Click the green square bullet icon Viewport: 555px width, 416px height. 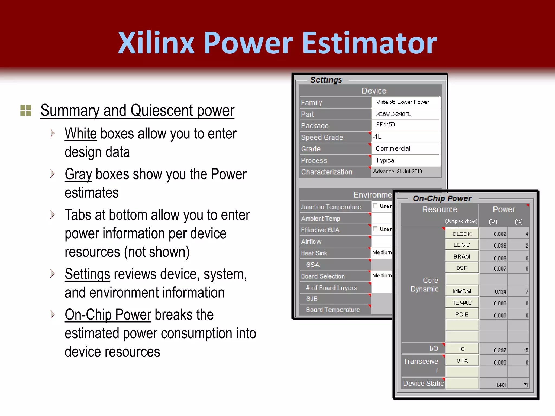point(26,110)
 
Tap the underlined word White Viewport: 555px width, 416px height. point(80,134)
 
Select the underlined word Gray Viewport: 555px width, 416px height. point(78,174)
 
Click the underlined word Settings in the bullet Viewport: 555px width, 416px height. point(87,274)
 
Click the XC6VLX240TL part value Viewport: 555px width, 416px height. point(393,114)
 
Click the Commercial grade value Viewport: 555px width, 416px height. point(393,149)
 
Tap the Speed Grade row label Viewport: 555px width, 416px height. point(322,137)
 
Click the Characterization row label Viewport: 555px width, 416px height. point(327,172)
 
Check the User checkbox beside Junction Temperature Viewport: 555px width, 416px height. point(375,206)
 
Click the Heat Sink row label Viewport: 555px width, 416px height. point(314,253)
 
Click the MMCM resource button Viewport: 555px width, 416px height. point(462,291)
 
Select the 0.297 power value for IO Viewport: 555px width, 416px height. point(499,350)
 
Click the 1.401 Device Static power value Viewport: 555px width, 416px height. point(501,385)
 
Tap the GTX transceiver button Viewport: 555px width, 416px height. point(462,361)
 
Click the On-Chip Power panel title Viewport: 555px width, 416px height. point(442,199)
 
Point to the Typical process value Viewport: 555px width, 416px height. point(386,160)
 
